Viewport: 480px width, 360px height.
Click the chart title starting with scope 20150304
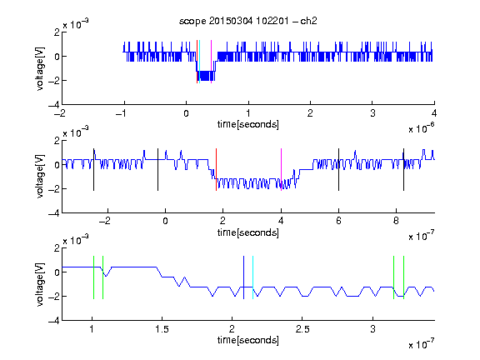click(248, 21)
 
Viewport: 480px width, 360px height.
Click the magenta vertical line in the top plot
click(211, 62)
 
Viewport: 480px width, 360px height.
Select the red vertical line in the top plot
click(197, 62)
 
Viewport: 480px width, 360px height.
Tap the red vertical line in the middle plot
click(216, 170)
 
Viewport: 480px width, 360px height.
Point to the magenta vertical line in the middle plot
click(281, 170)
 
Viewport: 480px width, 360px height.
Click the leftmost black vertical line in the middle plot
click(93, 170)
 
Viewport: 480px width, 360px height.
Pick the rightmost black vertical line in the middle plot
click(403, 170)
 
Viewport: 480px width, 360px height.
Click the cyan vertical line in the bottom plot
click(252, 277)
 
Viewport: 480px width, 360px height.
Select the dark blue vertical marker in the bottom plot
click(243, 277)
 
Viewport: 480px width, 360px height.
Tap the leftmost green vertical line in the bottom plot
click(93, 277)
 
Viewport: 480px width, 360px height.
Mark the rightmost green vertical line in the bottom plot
click(404, 277)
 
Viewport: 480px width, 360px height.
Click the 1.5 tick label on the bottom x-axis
click(162, 329)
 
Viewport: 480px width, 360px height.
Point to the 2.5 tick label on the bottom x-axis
click(302, 329)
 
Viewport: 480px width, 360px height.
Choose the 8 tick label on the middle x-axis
click(396, 221)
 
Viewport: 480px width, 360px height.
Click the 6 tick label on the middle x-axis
click(338, 221)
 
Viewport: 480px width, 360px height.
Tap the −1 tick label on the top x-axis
click(122, 113)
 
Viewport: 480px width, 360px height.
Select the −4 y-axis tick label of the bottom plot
click(54, 321)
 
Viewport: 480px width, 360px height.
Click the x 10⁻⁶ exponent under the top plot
click(421, 129)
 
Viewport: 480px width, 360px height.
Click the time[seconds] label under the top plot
click(248, 124)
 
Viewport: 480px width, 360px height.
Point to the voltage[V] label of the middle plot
click(40, 177)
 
